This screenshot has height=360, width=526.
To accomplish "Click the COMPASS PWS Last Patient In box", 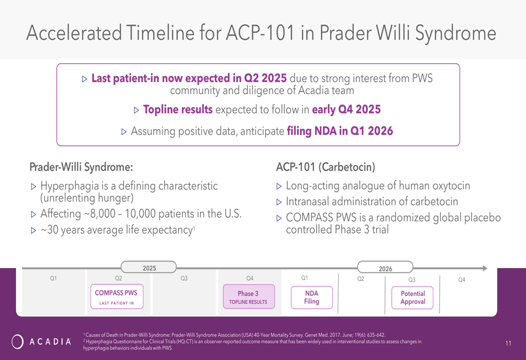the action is point(117,296).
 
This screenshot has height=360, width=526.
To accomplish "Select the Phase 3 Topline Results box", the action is point(249,296).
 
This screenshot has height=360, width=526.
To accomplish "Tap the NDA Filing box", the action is point(311,297).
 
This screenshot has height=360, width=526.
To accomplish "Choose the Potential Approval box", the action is point(412,297).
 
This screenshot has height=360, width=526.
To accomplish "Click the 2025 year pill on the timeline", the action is point(149,267).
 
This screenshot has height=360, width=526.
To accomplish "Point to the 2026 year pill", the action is point(385,267).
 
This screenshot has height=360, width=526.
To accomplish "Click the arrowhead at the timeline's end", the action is point(485,268).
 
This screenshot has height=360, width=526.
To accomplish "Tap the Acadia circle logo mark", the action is point(17,342).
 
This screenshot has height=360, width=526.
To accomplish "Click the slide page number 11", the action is point(508,343).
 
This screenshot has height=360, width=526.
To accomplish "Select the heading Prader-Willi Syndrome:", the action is point(81,167).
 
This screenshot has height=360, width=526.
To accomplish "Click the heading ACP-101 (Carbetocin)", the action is point(326,167).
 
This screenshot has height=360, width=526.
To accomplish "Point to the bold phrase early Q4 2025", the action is point(346,109).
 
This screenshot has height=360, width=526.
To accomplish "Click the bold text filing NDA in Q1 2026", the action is point(340,131).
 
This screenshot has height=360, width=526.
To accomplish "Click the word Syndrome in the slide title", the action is point(456,33).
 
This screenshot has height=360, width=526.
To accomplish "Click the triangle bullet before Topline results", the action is point(136,110).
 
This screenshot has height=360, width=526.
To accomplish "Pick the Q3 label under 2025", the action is point(184,278).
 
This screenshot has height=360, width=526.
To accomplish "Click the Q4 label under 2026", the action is point(462,280).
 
